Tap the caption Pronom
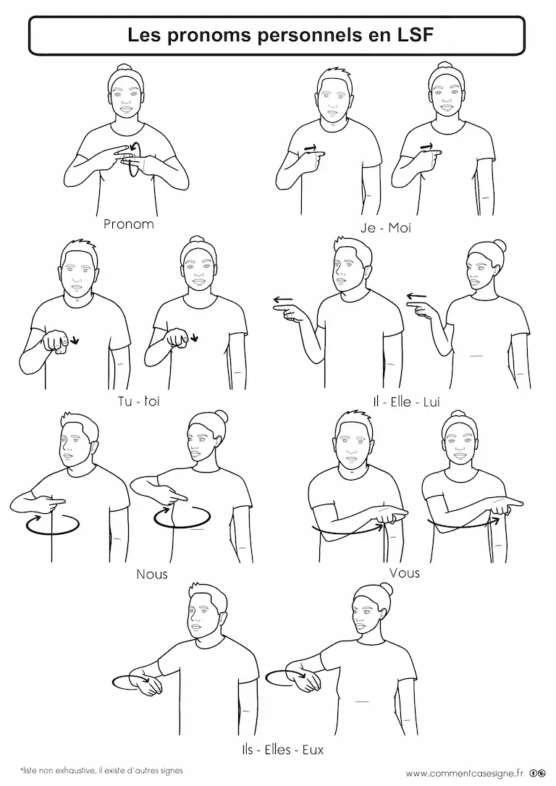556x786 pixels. pyautogui.click(x=128, y=224)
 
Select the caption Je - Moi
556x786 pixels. pyautogui.click(x=386, y=228)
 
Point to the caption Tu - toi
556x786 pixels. pyautogui.click(x=139, y=401)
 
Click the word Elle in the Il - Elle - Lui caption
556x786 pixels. pyautogui.click(x=400, y=402)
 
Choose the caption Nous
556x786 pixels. pyautogui.click(x=152, y=574)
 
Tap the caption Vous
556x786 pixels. pyautogui.click(x=405, y=572)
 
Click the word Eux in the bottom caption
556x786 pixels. pyautogui.click(x=313, y=750)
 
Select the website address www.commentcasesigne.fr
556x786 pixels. pyautogui.click(x=465, y=772)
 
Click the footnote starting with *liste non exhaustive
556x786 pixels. pyautogui.click(x=101, y=771)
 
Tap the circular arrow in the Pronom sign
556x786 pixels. pyautogui.click(x=135, y=159)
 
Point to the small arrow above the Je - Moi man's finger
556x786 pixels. pyautogui.click(x=311, y=148)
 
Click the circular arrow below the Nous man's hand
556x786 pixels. pyautogui.click(x=53, y=524)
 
